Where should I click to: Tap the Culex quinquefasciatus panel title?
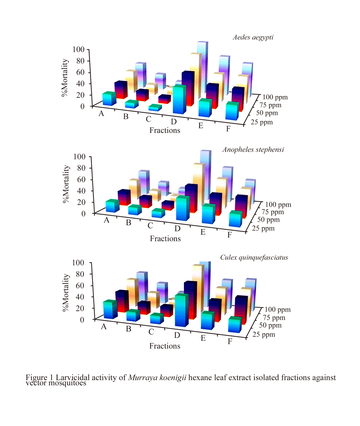point(254,257)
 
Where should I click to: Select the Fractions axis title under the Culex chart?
point(165,346)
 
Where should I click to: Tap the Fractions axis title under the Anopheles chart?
point(165,238)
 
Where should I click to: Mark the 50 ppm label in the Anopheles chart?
point(268,219)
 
